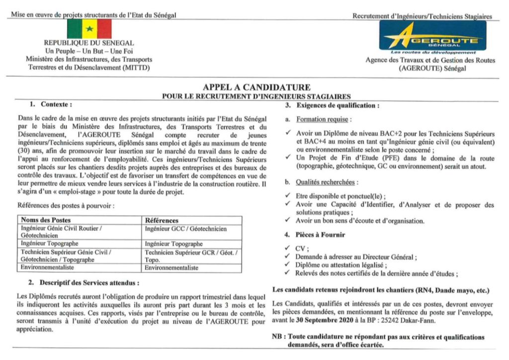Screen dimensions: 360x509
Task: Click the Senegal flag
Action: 89,29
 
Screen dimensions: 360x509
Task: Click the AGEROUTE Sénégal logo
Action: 432,35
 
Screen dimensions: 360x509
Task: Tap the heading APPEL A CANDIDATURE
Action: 256,88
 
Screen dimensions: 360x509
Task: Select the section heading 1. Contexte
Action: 51,105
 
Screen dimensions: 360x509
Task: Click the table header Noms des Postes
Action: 46,220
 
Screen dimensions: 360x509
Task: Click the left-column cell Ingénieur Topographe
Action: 49,244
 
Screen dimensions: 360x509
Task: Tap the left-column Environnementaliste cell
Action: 47,268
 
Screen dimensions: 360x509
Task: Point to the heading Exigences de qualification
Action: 338,105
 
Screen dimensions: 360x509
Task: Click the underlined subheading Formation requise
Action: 324,120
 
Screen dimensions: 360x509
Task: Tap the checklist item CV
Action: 302,249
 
